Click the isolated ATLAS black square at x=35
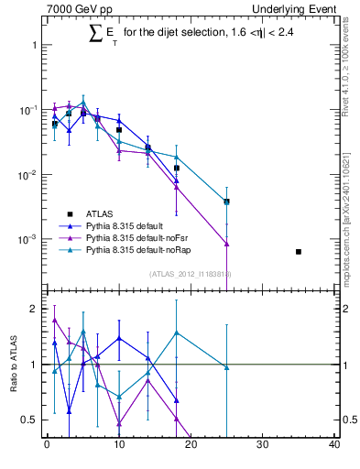299,251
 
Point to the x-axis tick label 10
118,446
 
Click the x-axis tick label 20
191,446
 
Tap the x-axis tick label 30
263,446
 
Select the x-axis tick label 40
334,446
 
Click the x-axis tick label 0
47,446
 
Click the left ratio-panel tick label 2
32,309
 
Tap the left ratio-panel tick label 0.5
28,420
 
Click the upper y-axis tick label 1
33,44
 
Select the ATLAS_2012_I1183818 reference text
190,273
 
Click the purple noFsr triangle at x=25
226,244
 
